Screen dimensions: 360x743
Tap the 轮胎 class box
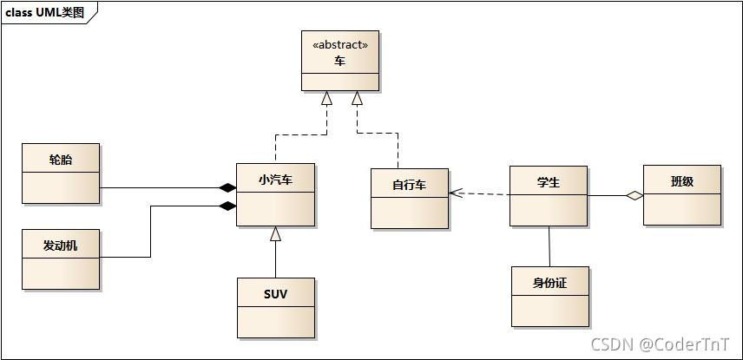[x=61, y=173]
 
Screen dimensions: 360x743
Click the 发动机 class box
[x=61, y=259]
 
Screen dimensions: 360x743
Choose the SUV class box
[x=275, y=307]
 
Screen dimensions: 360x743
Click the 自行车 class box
[x=409, y=199]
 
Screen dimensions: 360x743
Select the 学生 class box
[x=548, y=196]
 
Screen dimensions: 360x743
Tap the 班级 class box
[x=681, y=195]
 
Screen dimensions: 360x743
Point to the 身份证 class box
[x=549, y=296]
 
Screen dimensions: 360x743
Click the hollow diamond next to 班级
[x=635, y=196]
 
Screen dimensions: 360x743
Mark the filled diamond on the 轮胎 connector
[x=227, y=187]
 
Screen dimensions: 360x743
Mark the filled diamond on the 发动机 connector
[x=227, y=206]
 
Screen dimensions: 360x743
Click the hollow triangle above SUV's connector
[x=275, y=232]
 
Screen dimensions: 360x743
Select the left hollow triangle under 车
[x=326, y=98]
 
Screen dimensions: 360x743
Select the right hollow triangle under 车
[x=357, y=98]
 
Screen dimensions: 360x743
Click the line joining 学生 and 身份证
[x=549, y=245]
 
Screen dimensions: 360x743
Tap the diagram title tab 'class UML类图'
[x=45, y=11]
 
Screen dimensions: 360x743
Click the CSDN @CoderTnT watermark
[x=660, y=344]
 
